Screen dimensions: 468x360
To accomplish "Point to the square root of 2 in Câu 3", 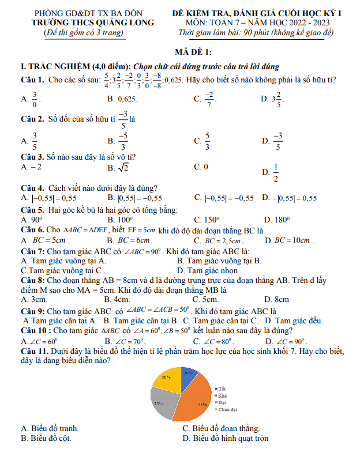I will [x=123, y=167].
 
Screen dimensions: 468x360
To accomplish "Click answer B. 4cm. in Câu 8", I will [x=117, y=299].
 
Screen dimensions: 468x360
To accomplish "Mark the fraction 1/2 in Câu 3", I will [x=275, y=172].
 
